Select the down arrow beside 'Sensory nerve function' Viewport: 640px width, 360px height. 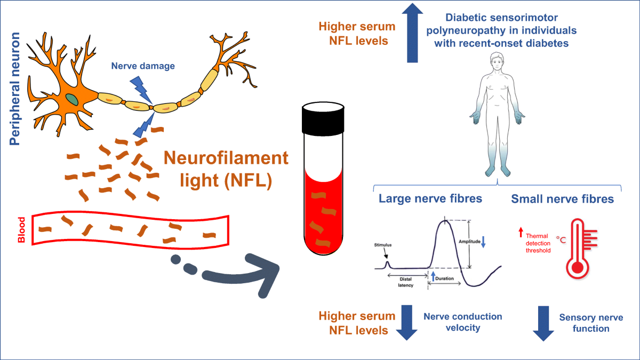[543, 323]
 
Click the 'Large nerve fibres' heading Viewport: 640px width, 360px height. [430, 199]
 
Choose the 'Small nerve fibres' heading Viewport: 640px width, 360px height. [562, 199]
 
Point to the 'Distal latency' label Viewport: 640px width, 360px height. [406, 282]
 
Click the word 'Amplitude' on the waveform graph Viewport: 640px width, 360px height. [469, 242]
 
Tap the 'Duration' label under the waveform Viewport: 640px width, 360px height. [444, 278]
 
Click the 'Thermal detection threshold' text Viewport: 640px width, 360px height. [537, 243]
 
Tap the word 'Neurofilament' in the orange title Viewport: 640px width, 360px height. [226, 158]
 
